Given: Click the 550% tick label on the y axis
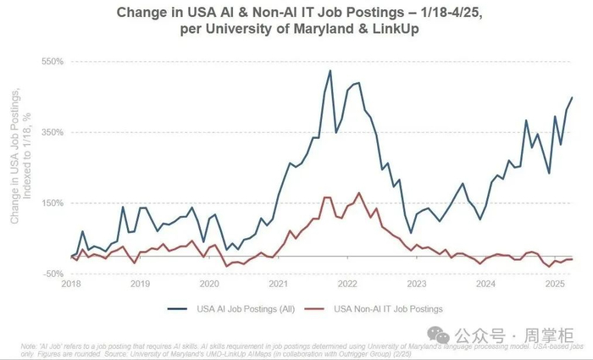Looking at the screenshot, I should [53, 62].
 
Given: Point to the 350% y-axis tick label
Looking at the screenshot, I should [53, 132].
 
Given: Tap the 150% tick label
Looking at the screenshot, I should [53, 202].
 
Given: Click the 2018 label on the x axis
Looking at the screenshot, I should [71, 284].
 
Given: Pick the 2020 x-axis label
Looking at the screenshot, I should [209, 284].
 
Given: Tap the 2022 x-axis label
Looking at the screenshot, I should [347, 284].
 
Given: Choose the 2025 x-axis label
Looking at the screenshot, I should [554, 284].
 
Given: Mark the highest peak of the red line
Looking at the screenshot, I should [359, 193].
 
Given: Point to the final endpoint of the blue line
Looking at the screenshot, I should [572, 97].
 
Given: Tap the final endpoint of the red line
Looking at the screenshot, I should [572, 258].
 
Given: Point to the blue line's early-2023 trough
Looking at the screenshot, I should [411, 232].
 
